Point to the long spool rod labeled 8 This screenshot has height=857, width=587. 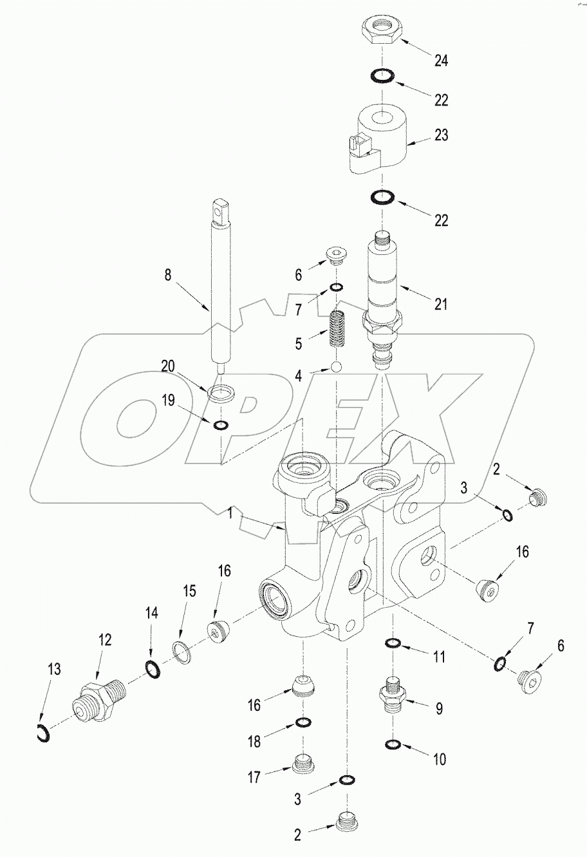(x=221, y=290)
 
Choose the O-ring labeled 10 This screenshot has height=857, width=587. (x=392, y=746)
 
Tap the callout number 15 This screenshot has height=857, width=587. (x=189, y=590)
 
